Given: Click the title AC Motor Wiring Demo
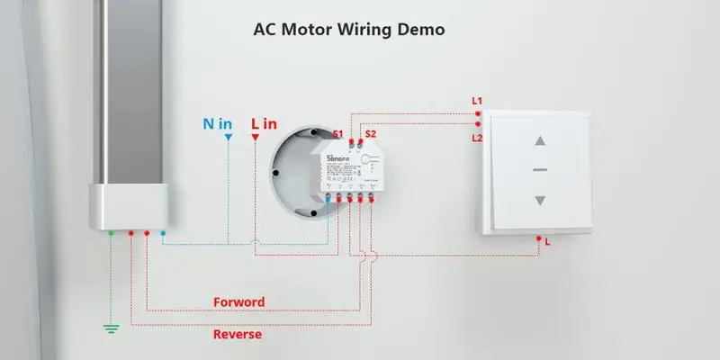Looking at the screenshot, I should click(x=350, y=29).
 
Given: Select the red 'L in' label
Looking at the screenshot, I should click(x=264, y=123).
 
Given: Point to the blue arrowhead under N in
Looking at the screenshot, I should click(x=229, y=138).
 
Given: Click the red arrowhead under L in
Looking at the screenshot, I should click(x=256, y=138).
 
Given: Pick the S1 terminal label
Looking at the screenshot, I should click(x=338, y=134).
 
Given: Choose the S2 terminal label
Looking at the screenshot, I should click(x=370, y=134).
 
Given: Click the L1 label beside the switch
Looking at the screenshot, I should click(x=477, y=100).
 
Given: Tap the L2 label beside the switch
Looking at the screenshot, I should click(x=477, y=138).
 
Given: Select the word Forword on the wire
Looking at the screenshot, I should click(x=238, y=301).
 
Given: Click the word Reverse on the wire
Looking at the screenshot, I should click(x=238, y=334).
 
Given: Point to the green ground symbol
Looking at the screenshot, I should click(x=111, y=328).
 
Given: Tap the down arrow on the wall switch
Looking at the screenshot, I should click(x=540, y=201).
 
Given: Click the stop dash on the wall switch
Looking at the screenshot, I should click(x=540, y=170).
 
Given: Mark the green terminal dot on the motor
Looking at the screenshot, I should click(x=112, y=233).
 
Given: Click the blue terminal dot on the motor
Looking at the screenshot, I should click(x=163, y=233).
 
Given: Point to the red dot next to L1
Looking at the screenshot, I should click(x=477, y=113).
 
